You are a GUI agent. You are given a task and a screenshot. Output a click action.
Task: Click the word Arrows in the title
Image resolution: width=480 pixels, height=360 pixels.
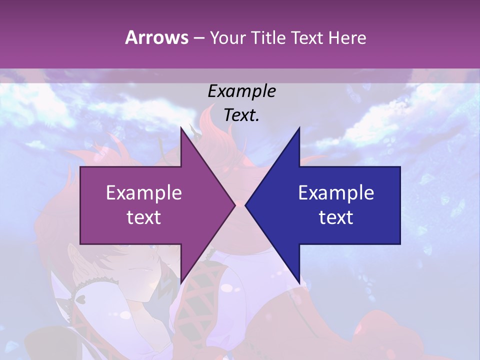156,37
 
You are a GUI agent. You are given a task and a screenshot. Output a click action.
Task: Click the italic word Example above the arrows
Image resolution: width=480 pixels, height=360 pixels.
241,91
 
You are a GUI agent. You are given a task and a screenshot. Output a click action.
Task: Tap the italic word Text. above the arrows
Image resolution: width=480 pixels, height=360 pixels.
241,115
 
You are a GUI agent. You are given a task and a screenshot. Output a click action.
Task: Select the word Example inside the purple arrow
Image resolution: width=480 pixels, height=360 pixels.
144,192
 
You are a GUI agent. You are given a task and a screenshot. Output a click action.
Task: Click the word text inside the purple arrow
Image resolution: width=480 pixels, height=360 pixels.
144,217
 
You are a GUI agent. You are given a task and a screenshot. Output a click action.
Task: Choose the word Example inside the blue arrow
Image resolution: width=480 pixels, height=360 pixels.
336,192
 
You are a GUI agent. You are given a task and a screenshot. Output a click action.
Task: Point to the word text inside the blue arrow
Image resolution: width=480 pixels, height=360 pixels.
336,217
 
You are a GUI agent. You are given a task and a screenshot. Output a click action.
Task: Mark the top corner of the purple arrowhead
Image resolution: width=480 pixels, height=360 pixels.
181,128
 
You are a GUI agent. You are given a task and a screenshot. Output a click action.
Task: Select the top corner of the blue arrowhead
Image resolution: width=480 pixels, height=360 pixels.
299,128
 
